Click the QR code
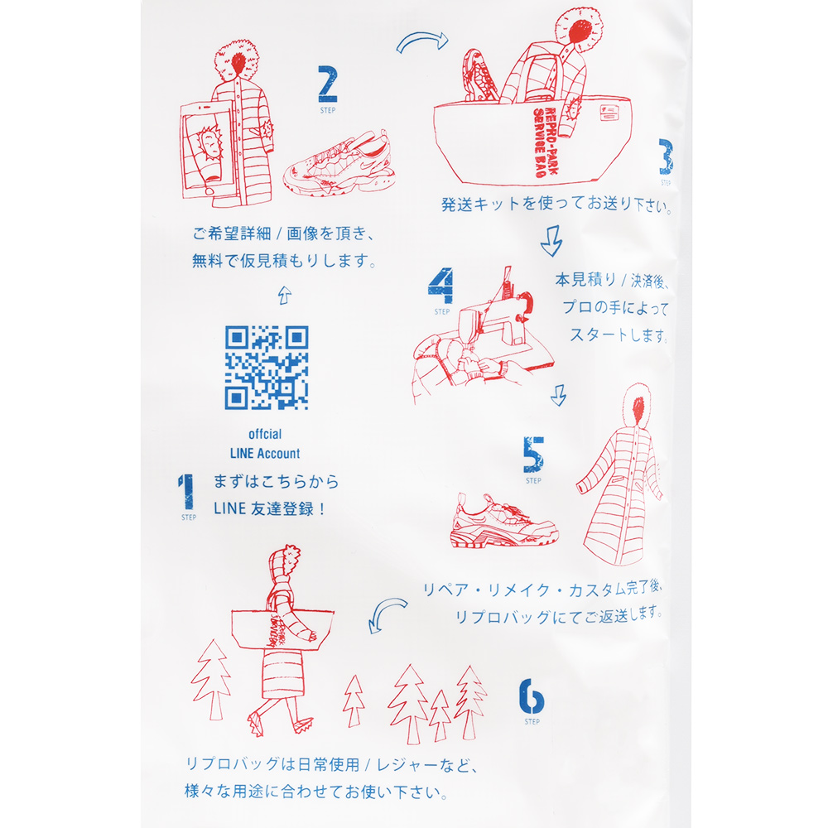(x=267, y=368)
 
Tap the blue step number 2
(x=327, y=84)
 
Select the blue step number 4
(x=441, y=286)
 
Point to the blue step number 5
(x=533, y=455)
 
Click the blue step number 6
(x=532, y=696)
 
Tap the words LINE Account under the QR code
(x=265, y=453)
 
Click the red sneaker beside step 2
(x=339, y=164)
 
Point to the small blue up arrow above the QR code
(x=285, y=296)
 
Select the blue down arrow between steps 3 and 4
(x=551, y=241)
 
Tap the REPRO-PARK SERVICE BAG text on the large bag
(x=545, y=142)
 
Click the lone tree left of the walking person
(x=211, y=679)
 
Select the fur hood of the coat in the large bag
(x=579, y=29)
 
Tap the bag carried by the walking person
(x=282, y=629)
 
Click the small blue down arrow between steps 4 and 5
(x=559, y=395)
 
